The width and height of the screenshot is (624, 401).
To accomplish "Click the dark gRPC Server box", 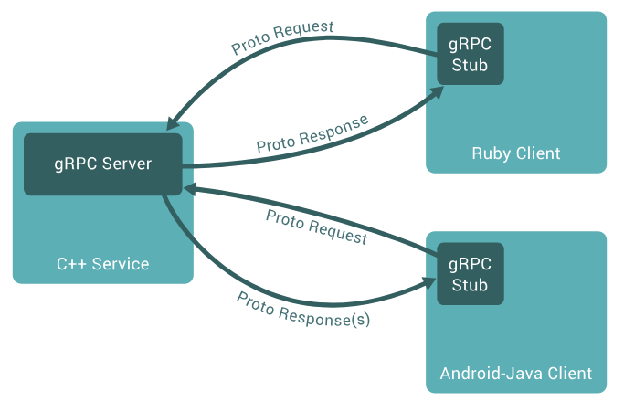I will pyautogui.click(x=102, y=164).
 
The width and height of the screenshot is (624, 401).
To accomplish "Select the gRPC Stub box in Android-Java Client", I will pyautogui.click(x=470, y=274).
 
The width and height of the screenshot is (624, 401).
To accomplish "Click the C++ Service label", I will pyautogui.click(x=102, y=265).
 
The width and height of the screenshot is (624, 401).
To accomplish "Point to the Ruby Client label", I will pyautogui.click(x=516, y=153).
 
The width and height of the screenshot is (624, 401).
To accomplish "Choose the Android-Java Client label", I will pyautogui.click(x=516, y=374).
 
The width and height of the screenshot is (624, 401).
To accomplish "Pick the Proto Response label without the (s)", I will pyautogui.click(x=312, y=132).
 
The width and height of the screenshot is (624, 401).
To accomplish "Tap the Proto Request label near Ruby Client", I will pyautogui.click(x=282, y=37).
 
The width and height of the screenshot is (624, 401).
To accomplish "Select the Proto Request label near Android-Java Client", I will pyautogui.click(x=316, y=227).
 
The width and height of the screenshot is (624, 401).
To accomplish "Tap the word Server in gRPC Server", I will pyautogui.click(x=127, y=164).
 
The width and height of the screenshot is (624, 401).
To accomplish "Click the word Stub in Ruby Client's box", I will pyautogui.click(x=470, y=66).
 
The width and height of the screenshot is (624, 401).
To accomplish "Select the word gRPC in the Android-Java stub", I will pyautogui.click(x=470, y=264).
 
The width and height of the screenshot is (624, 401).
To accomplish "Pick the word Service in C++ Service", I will pyautogui.click(x=121, y=265).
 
